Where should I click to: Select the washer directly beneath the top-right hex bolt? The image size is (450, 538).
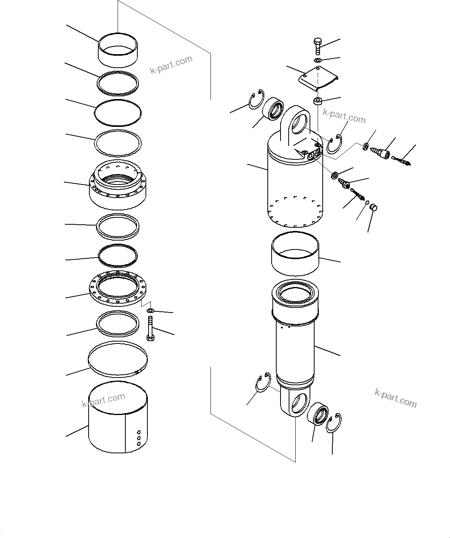(x=318, y=60)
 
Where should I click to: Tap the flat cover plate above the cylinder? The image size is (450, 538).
(x=318, y=77)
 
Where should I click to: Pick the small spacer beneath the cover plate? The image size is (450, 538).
(x=318, y=101)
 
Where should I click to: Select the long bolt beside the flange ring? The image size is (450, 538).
(x=151, y=328)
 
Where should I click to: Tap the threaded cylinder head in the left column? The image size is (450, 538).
(x=117, y=184)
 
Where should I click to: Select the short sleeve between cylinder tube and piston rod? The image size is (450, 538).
(x=295, y=253)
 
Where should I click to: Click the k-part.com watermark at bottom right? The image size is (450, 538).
(x=395, y=398)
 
